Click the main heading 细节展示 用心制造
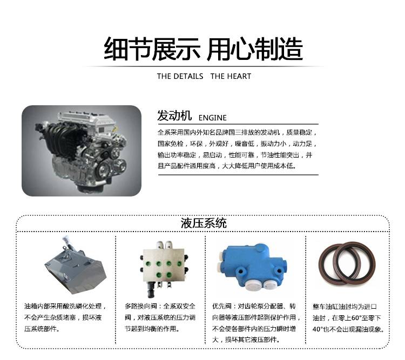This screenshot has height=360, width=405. (203, 49)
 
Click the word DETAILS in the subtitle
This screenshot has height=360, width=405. (188, 76)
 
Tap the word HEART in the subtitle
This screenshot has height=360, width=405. (238, 76)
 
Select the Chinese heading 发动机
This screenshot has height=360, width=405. (174, 116)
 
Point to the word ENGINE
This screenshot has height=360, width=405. (212, 118)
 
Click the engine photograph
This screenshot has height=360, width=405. (82, 151)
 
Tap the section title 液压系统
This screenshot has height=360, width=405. (204, 223)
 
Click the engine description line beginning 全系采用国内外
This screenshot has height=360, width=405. (237, 132)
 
